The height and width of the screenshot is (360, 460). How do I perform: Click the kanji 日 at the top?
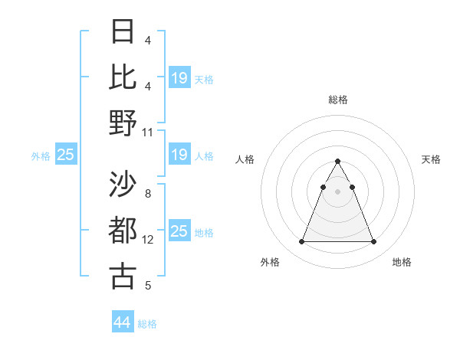[123, 32]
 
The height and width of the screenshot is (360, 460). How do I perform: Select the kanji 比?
[123, 77]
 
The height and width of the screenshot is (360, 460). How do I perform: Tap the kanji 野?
[123, 122]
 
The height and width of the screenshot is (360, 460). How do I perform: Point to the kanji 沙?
[123, 184]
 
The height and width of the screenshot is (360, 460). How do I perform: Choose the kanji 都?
[123, 230]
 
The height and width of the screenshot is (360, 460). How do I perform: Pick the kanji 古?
[123, 275]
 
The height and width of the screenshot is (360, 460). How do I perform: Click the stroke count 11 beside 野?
[148, 132]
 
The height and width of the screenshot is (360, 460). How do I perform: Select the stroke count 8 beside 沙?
[148, 194]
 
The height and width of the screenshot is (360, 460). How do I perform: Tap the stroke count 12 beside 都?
[148, 240]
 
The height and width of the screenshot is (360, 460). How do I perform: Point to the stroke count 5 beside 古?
[148, 286]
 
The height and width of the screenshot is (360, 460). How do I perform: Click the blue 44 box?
[123, 322]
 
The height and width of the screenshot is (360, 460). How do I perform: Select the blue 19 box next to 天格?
[179, 78]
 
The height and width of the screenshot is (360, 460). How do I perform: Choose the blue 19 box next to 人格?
[179, 155]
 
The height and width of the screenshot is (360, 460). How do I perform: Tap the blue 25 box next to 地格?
[179, 231]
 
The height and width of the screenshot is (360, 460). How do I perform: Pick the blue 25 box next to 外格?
[66, 155]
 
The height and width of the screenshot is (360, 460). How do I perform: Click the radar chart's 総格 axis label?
[337, 100]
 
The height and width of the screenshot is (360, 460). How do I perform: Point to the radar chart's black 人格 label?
[245, 159]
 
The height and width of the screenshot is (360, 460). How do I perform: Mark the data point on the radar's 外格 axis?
[301, 242]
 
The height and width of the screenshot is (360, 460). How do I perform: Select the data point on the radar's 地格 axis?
[374, 242]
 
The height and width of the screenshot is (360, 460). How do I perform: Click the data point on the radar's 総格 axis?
[337, 161]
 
